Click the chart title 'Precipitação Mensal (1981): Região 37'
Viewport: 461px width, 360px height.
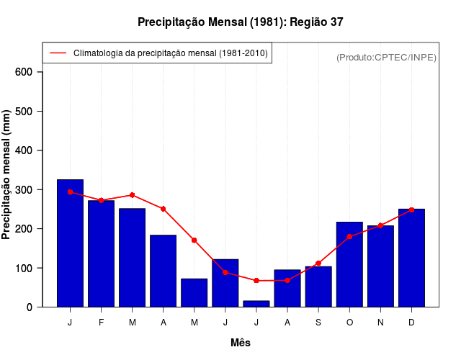(x=241, y=22)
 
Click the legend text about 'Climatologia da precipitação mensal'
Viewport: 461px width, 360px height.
(x=171, y=53)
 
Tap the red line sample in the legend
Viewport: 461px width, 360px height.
(x=58, y=53)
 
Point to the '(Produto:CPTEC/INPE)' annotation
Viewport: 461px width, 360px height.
(x=387, y=57)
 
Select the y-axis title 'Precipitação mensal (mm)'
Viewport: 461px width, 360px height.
(x=7, y=175)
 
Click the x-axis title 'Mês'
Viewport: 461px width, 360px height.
(x=241, y=343)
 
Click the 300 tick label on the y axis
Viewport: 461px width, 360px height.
(x=24, y=189)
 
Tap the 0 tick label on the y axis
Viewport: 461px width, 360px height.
(x=30, y=307)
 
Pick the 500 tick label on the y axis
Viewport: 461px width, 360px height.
(x=24, y=112)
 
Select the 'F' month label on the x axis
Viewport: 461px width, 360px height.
(x=102, y=323)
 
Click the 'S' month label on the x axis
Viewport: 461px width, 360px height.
(x=318, y=323)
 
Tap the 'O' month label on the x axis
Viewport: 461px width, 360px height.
(x=349, y=323)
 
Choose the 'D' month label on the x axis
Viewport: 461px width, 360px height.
(x=411, y=323)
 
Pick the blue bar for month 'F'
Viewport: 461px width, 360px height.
(x=102, y=253)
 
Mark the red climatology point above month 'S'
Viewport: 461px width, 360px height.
(x=318, y=263)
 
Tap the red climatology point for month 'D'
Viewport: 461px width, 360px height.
(x=411, y=210)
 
